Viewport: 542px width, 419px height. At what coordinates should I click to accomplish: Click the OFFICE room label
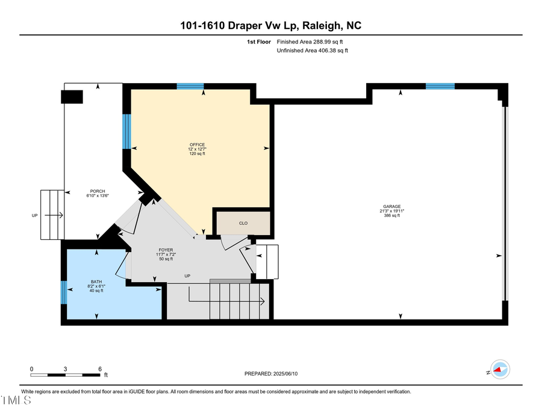197,145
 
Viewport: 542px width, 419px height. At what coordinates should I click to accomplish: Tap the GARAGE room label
390,206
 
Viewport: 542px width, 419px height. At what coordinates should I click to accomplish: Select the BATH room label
96,282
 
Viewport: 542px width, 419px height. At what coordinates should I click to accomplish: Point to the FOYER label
166,249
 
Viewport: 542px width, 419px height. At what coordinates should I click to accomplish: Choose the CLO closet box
243,223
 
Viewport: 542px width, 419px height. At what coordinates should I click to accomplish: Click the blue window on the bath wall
64,293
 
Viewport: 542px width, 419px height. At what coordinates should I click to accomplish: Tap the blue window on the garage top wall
440,86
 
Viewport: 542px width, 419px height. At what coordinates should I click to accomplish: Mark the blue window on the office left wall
126,131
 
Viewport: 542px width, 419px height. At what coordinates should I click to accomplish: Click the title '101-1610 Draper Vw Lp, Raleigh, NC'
271,25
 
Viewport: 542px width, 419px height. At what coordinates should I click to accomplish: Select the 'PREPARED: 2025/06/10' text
271,374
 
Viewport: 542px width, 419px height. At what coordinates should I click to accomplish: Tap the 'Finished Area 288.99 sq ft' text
313,42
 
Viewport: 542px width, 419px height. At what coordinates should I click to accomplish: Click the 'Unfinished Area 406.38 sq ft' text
312,51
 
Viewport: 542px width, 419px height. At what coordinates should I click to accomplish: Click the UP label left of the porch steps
36,215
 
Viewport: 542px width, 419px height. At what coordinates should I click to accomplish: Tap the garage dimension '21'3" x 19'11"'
391,211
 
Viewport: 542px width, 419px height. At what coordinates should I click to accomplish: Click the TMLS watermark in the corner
16,401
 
